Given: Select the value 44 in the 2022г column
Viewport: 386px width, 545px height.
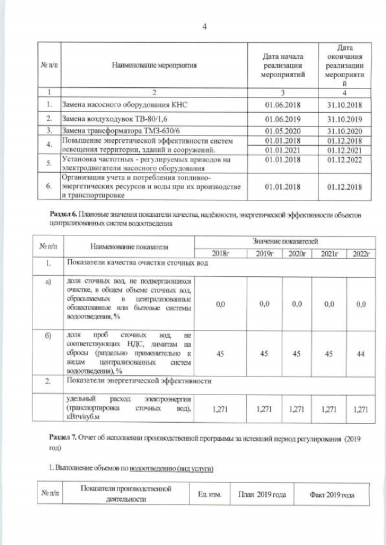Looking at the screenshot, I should click(361, 354).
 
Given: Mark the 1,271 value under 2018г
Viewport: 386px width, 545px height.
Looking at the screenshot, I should click(220, 410).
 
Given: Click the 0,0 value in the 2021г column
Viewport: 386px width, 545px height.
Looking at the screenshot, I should click(329, 305).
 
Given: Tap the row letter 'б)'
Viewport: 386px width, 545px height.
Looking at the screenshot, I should click(47, 335).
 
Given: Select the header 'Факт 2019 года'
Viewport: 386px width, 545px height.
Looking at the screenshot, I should click(332, 494).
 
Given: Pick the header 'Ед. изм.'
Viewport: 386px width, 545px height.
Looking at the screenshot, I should click(210, 494).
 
